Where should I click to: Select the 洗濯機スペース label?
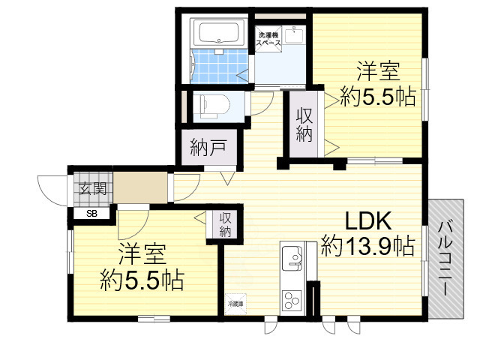click(x=268, y=40)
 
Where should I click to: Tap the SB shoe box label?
click(x=91, y=214)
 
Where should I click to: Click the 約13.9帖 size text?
click(x=368, y=245)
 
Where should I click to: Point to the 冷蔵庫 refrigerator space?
click(x=236, y=304)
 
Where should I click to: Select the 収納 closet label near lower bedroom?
click(x=226, y=224)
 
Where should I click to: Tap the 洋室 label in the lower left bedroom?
click(x=142, y=255)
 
